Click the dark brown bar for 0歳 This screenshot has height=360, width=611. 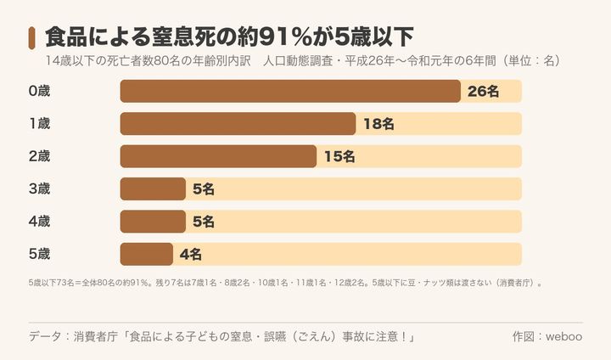[290, 91]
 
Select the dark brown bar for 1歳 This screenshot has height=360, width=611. [238, 124]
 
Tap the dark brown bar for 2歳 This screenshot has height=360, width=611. [218, 156]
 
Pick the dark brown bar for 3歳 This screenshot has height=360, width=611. [153, 188]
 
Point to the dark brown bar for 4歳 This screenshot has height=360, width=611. [153, 222]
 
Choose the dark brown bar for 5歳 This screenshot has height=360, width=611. [147, 254]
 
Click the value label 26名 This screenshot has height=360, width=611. [483, 91]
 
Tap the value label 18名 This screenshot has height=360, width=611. [378, 124]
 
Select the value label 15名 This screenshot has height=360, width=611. [339, 156]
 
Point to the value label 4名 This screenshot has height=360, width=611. [191, 255]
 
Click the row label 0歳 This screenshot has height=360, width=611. [39, 91]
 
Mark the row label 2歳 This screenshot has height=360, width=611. [39, 156]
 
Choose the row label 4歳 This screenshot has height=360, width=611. [39, 222]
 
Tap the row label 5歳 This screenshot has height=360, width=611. [39, 254]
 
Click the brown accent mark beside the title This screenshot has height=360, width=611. [31, 38]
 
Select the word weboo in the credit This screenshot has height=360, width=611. [563, 336]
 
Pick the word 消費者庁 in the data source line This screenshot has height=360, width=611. [95, 336]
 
